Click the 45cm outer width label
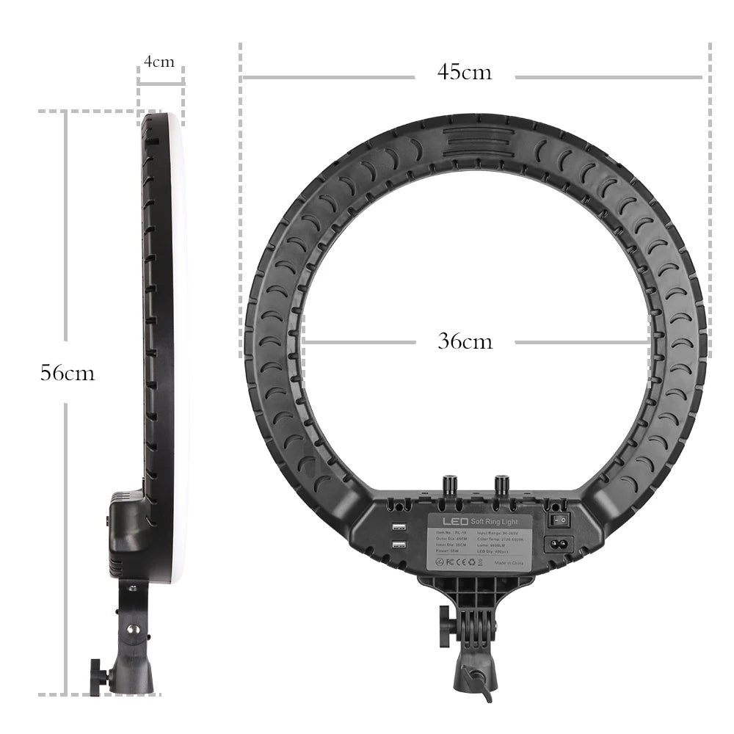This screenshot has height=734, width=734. click(x=465, y=72)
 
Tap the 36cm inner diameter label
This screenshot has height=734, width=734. click(x=465, y=341)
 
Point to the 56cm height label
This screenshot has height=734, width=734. click(x=67, y=373)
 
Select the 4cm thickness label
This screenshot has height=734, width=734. click(x=159, y=62)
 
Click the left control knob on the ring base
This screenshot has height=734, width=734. click(x=449, y=485)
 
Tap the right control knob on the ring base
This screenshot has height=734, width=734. click(x=503, y=485)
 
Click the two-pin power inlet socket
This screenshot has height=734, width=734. click(x=557, y=544)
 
